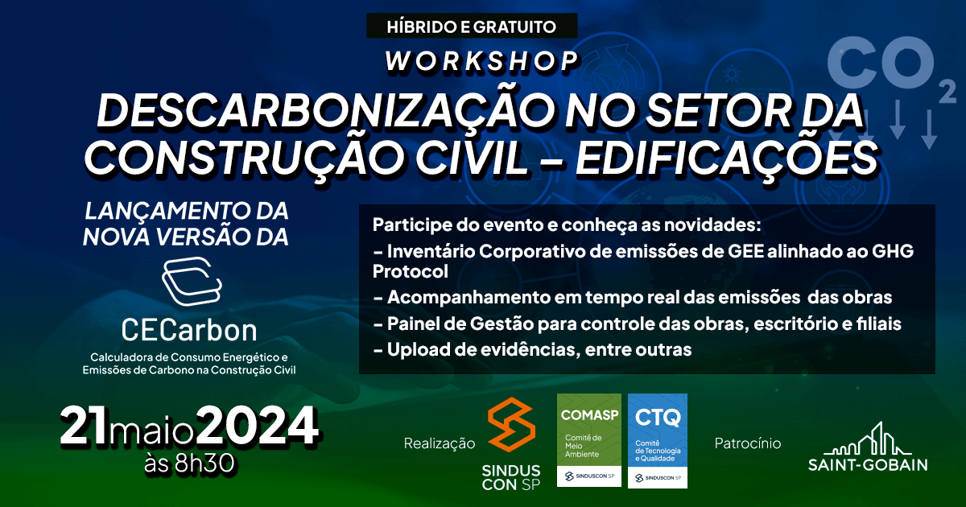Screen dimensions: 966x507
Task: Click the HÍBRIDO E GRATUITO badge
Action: [472, 26]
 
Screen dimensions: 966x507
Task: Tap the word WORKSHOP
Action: [481, 61]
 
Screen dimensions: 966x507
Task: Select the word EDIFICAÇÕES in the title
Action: [727, 158]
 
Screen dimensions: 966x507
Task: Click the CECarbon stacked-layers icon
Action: [192, 281]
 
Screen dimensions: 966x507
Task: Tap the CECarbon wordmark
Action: [189, 330]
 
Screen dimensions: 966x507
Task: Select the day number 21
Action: [84, 426]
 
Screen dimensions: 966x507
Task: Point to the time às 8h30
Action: [189, 464]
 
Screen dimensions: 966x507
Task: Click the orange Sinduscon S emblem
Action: [511, 424]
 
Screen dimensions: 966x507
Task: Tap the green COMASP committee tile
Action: [589, 440]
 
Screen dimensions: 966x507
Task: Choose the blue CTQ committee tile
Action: [658, 441]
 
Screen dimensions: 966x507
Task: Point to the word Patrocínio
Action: [748, 443]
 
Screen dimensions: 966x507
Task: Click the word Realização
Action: [440, 443]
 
